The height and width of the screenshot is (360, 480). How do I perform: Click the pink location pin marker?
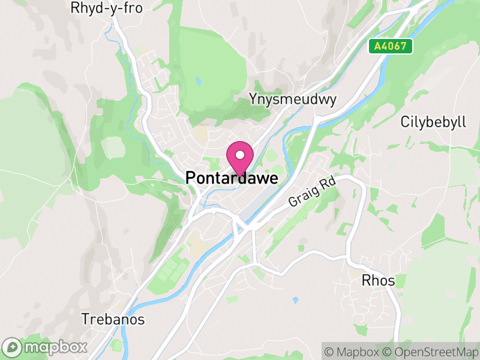point(240,158)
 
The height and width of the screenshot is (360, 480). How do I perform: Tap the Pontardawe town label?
point(232,178)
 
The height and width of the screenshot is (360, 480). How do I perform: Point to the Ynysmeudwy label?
point(292,99)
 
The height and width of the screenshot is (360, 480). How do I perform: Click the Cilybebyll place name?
point(433,122)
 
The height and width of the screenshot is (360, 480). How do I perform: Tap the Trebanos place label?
point(113,319)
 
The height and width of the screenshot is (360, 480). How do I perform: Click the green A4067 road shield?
point(391,46)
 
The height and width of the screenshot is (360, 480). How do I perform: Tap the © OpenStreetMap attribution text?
point(431,352)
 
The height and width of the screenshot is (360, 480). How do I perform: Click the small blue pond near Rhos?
point(295,299)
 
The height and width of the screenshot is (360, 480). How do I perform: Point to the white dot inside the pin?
point(240,155)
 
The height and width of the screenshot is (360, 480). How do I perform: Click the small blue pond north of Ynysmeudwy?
point(197,80)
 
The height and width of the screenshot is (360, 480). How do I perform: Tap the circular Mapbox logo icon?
point(12,347)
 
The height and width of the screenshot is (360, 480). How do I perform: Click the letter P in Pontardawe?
point(190,178)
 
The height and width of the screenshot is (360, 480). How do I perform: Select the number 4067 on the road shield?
point(396,46)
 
